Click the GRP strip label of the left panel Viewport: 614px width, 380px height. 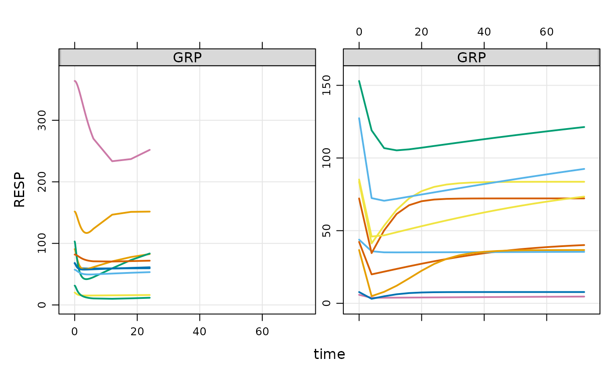(187, 57)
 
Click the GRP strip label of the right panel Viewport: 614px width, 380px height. (471, 57)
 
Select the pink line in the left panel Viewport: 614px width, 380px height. (93, 138)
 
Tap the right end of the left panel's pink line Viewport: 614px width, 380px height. (150, 150)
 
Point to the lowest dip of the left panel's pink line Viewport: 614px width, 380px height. (113, 161)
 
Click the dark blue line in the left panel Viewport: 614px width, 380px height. (132, 268)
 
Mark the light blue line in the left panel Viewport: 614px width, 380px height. (132, 272)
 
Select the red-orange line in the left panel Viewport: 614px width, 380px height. (132, 261)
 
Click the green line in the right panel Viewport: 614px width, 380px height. (482, 139)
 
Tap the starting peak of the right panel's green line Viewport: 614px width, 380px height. (359, 81)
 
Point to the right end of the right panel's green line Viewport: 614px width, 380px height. (584, 127)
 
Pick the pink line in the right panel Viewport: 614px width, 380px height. (482, 297)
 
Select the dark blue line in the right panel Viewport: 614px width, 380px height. (482, 292)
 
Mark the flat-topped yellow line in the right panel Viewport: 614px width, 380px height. (526, 182)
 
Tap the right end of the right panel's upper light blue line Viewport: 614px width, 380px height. (584, 168)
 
